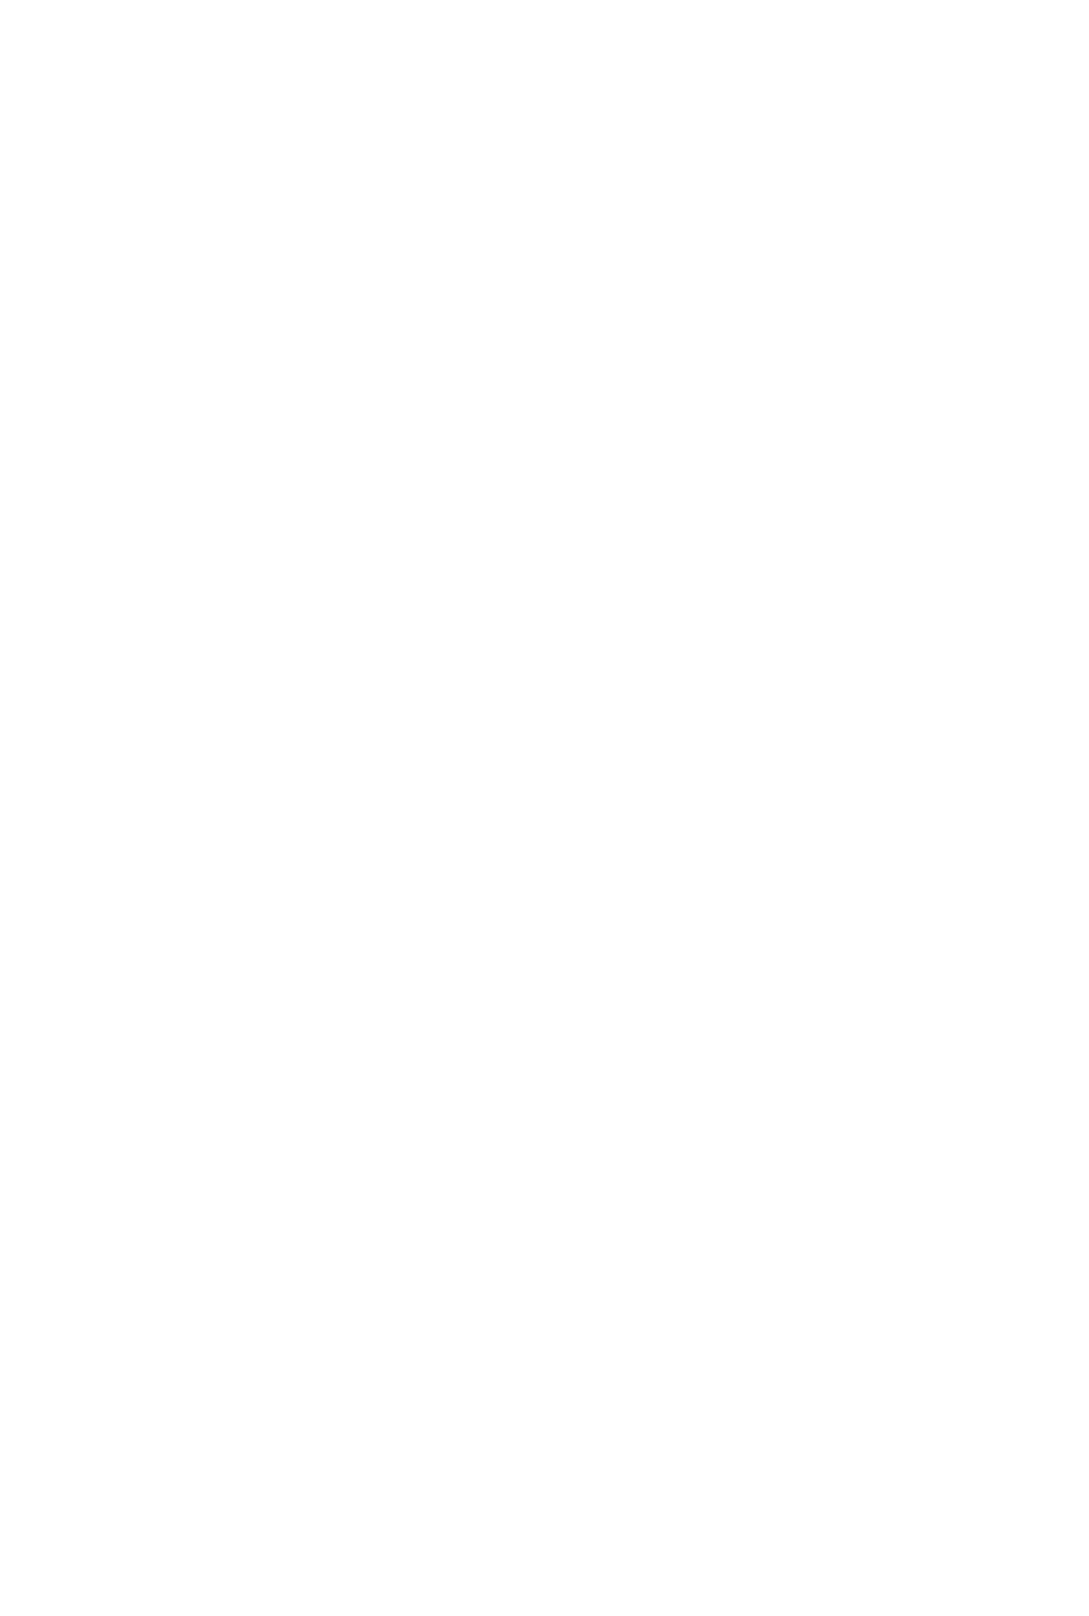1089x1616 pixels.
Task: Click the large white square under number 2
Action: [x=853, y=520]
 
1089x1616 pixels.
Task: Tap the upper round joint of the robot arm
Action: [x=397, y=342]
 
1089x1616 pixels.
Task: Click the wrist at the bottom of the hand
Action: [x=372, y=1525]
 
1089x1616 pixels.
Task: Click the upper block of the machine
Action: [x=255, y=258]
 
